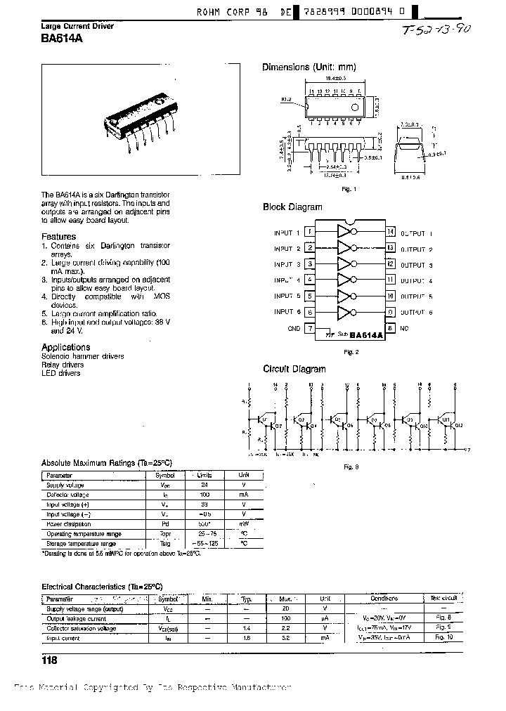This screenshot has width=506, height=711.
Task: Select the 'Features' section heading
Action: [58, 237]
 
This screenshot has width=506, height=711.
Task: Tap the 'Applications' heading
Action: [65, 347]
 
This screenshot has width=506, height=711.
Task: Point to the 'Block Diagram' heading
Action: [292, 207]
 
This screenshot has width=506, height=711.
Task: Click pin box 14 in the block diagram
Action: [390, 233]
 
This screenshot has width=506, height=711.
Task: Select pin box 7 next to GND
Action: [310, 328]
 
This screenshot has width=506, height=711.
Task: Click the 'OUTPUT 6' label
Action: [417, 313]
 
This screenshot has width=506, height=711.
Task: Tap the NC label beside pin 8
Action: [404, 328]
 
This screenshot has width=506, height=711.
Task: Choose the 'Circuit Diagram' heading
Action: [294, 369]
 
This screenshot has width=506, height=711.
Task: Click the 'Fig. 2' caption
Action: [350, 351]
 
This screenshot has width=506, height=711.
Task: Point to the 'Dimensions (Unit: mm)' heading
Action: [309, 67]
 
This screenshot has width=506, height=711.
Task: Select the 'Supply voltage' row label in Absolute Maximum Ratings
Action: [65, 485]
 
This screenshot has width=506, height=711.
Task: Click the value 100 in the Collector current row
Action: [205, 495]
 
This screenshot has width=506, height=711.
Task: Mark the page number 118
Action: [49, 660]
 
